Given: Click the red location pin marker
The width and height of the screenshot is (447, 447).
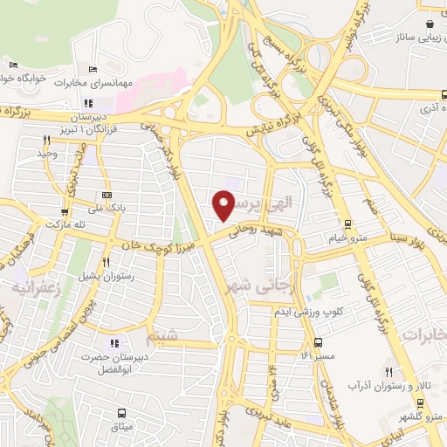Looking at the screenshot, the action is (224, 205).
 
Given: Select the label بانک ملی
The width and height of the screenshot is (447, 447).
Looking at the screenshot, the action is (107, 208).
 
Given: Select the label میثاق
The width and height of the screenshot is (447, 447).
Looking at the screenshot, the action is (120, 427).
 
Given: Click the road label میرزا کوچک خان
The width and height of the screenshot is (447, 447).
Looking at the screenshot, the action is (169, 244).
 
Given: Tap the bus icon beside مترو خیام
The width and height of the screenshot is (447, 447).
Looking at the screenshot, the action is (347, 223).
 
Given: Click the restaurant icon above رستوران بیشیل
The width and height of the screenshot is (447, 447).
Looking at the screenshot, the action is (107, 262).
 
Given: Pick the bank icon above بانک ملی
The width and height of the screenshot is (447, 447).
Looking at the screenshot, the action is (107, 195).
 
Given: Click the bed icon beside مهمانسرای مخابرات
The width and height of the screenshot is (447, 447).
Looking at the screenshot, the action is (93, 70).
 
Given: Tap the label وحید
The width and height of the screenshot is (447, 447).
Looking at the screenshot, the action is (46, 154).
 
